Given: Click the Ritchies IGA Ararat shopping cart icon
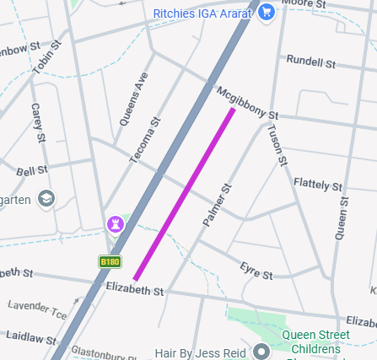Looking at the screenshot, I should coord(267,13).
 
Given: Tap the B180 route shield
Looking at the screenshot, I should coord(110,261).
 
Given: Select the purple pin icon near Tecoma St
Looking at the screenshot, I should coord(114,224).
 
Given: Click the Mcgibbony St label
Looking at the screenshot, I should coord(247,101).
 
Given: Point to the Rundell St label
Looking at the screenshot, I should coord(310,62).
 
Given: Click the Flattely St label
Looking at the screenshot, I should coord(318,184).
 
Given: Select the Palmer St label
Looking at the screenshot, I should coord(216,205).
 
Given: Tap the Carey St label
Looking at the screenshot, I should coord(37,122).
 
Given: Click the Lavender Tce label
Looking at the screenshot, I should coord(37,309).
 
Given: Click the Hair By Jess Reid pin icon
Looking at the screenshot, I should coord(261,351).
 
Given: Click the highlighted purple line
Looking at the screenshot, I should coord(184,194).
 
